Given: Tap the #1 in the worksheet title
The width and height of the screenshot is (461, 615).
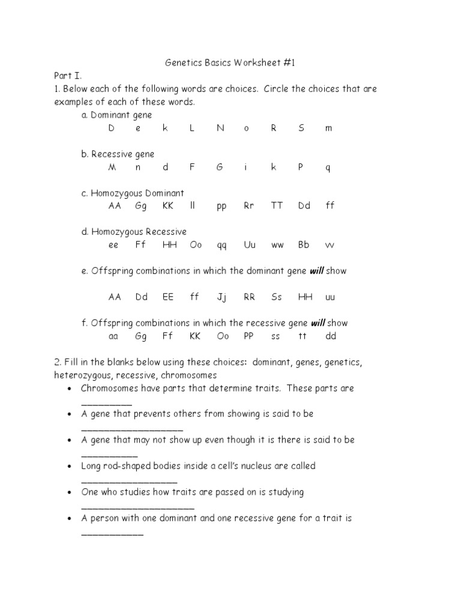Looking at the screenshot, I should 289,62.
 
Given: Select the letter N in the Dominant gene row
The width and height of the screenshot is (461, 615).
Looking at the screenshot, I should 220,128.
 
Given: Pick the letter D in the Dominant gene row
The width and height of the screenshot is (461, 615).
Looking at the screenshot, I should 112,128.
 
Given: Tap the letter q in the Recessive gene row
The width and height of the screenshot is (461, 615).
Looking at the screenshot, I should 328,168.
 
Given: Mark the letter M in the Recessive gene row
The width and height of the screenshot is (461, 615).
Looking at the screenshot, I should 112,167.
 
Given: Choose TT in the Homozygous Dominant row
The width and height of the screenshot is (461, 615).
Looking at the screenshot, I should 276,205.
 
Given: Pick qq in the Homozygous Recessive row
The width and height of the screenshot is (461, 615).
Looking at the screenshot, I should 221,245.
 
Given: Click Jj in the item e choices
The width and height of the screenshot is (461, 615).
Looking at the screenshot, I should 221,297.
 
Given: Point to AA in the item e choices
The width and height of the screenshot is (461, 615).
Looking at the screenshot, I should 114,297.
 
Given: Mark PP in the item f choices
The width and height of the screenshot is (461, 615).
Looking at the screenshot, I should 249,336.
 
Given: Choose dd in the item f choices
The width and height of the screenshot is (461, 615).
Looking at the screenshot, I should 331,336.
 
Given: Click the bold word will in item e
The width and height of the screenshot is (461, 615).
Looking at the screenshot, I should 316,271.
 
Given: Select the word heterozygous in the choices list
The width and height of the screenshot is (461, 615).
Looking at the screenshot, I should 84,375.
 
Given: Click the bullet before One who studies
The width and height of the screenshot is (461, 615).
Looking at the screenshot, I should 71,492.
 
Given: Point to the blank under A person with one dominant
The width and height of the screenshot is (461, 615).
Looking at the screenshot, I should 112,533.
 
